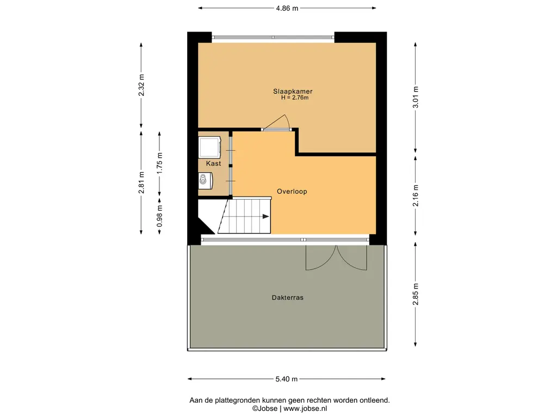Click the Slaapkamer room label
pos(293,91)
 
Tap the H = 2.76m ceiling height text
pos(295,98)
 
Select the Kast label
pos(213,163)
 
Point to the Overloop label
pos(292,192)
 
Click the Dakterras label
pos(288,298)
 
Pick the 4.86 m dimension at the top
pos(287,8)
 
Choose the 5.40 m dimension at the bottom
pos(287,379)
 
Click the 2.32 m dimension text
pos(141,85)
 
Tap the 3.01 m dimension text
pos(416,97)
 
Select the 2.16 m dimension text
pos(416,195)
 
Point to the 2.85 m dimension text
pos(416,294)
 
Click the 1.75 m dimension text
pos(160,163)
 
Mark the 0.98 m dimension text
pos(160,216)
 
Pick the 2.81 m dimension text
pos(141,183)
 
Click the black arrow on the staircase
pos(265,217)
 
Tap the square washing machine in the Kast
pos(209,147)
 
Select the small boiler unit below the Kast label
pos(205,181)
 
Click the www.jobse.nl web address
pos(305,409)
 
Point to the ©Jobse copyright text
pos(265,409)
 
